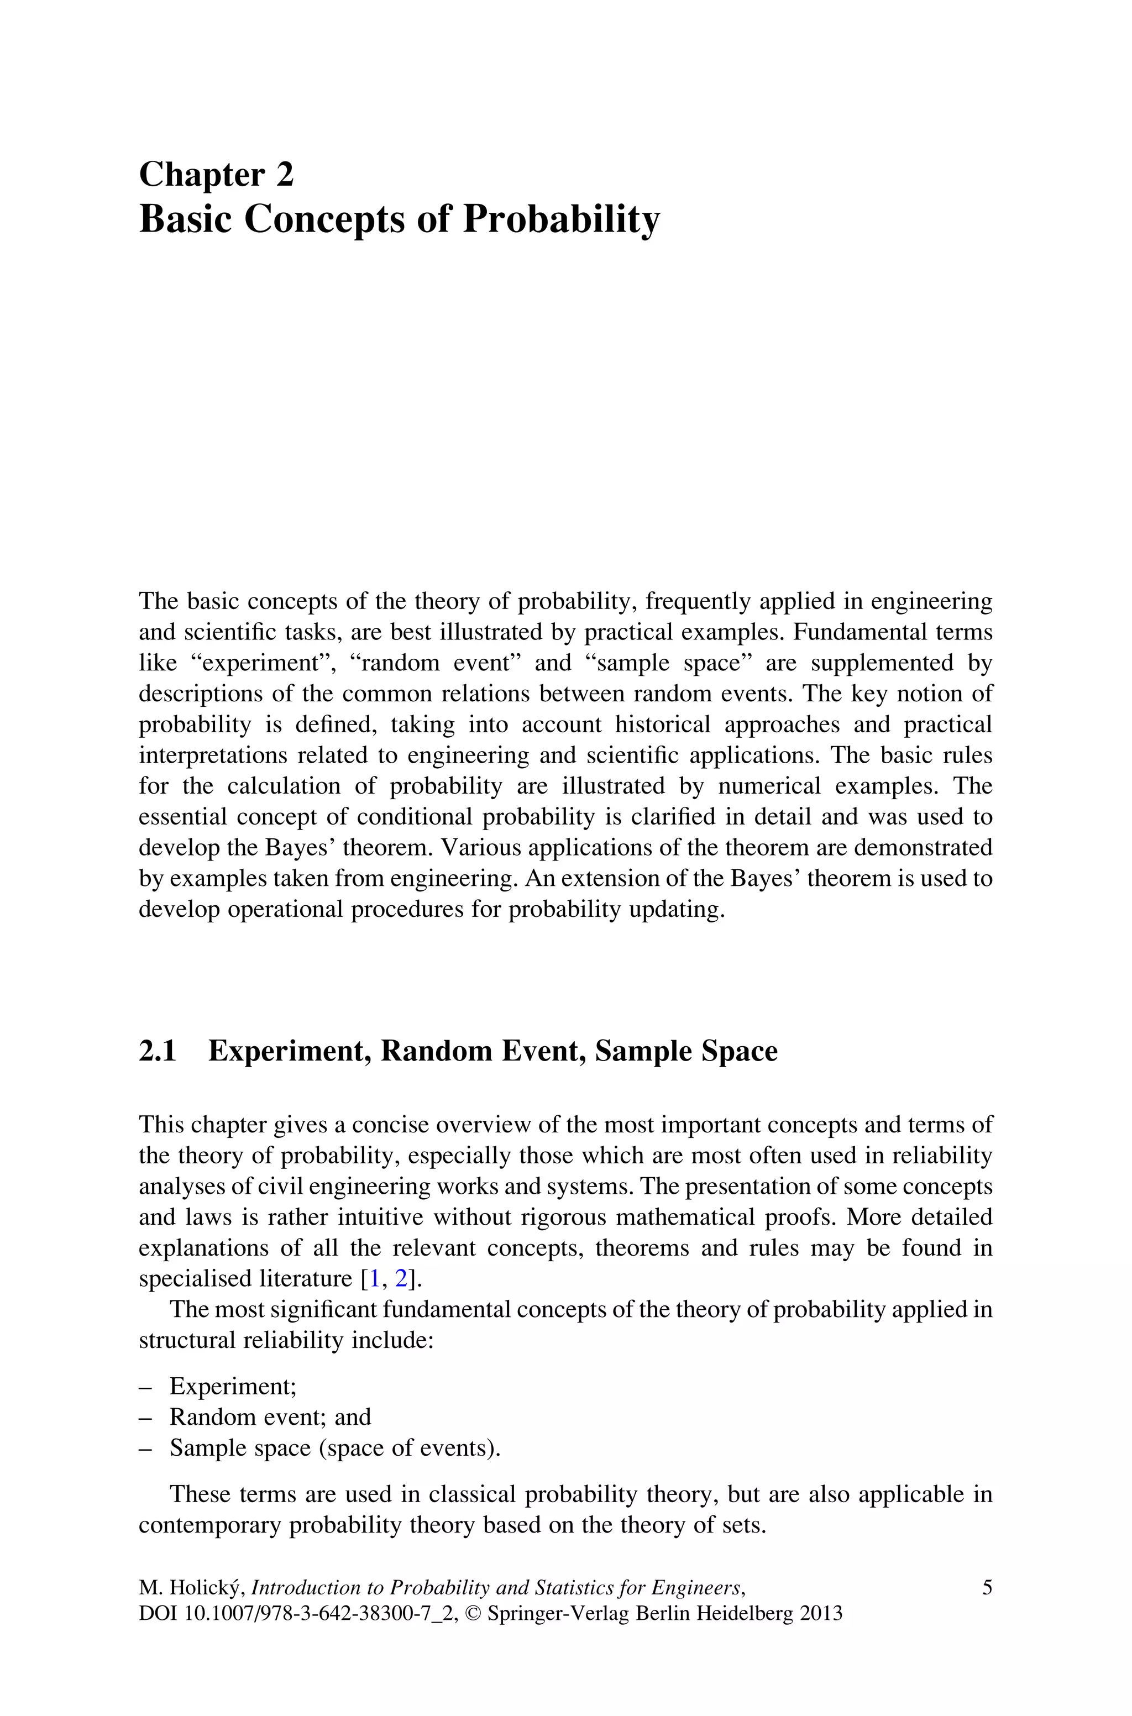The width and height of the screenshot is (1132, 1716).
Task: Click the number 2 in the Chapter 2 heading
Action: pos(285,175)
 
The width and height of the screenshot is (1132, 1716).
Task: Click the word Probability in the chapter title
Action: pos(561,219)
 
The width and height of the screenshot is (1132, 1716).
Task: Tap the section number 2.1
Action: pos(158,1051)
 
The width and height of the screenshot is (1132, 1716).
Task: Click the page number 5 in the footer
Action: pos(987,1588)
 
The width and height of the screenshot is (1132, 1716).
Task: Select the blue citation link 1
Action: pos(374,1279)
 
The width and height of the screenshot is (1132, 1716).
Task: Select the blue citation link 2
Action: pos(401,1279)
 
